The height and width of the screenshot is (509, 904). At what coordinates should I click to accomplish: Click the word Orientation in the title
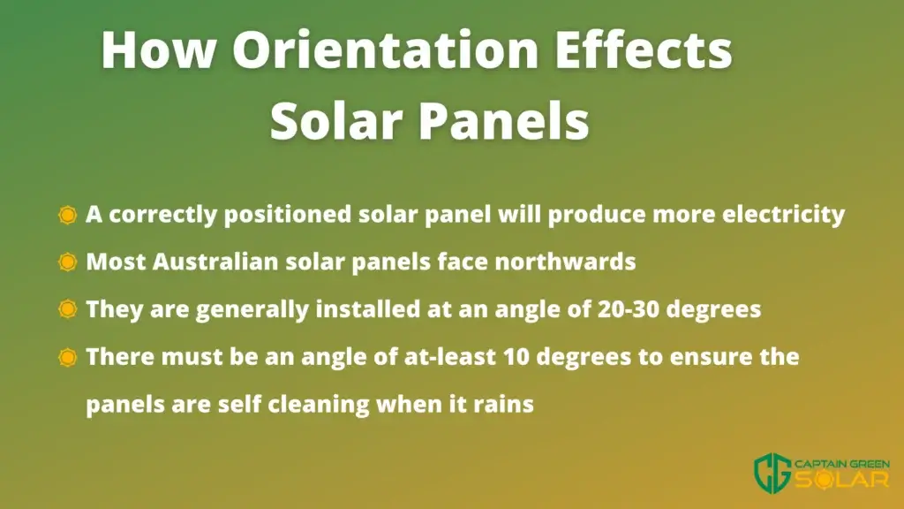coord(386,49)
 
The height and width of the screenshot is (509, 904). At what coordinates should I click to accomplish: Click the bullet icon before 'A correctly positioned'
coord(67,215)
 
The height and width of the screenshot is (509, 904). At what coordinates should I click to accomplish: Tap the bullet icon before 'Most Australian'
coord(67,262)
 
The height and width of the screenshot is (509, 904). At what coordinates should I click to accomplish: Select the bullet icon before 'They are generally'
coord(67,309)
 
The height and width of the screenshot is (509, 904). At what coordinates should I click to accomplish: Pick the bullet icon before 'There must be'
coord(67,357)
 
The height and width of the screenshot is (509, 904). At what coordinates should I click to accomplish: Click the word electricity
coord(784,215)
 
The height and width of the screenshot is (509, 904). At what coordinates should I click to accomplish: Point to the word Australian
coord(215,262)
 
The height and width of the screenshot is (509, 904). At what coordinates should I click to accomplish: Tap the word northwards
coord(566,262)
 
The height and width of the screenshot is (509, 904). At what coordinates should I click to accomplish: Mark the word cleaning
coord(319,404)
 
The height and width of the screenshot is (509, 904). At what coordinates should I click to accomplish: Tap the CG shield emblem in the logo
coord(772,473)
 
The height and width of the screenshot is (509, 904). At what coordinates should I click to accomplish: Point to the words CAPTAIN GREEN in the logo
coord(842,464)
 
